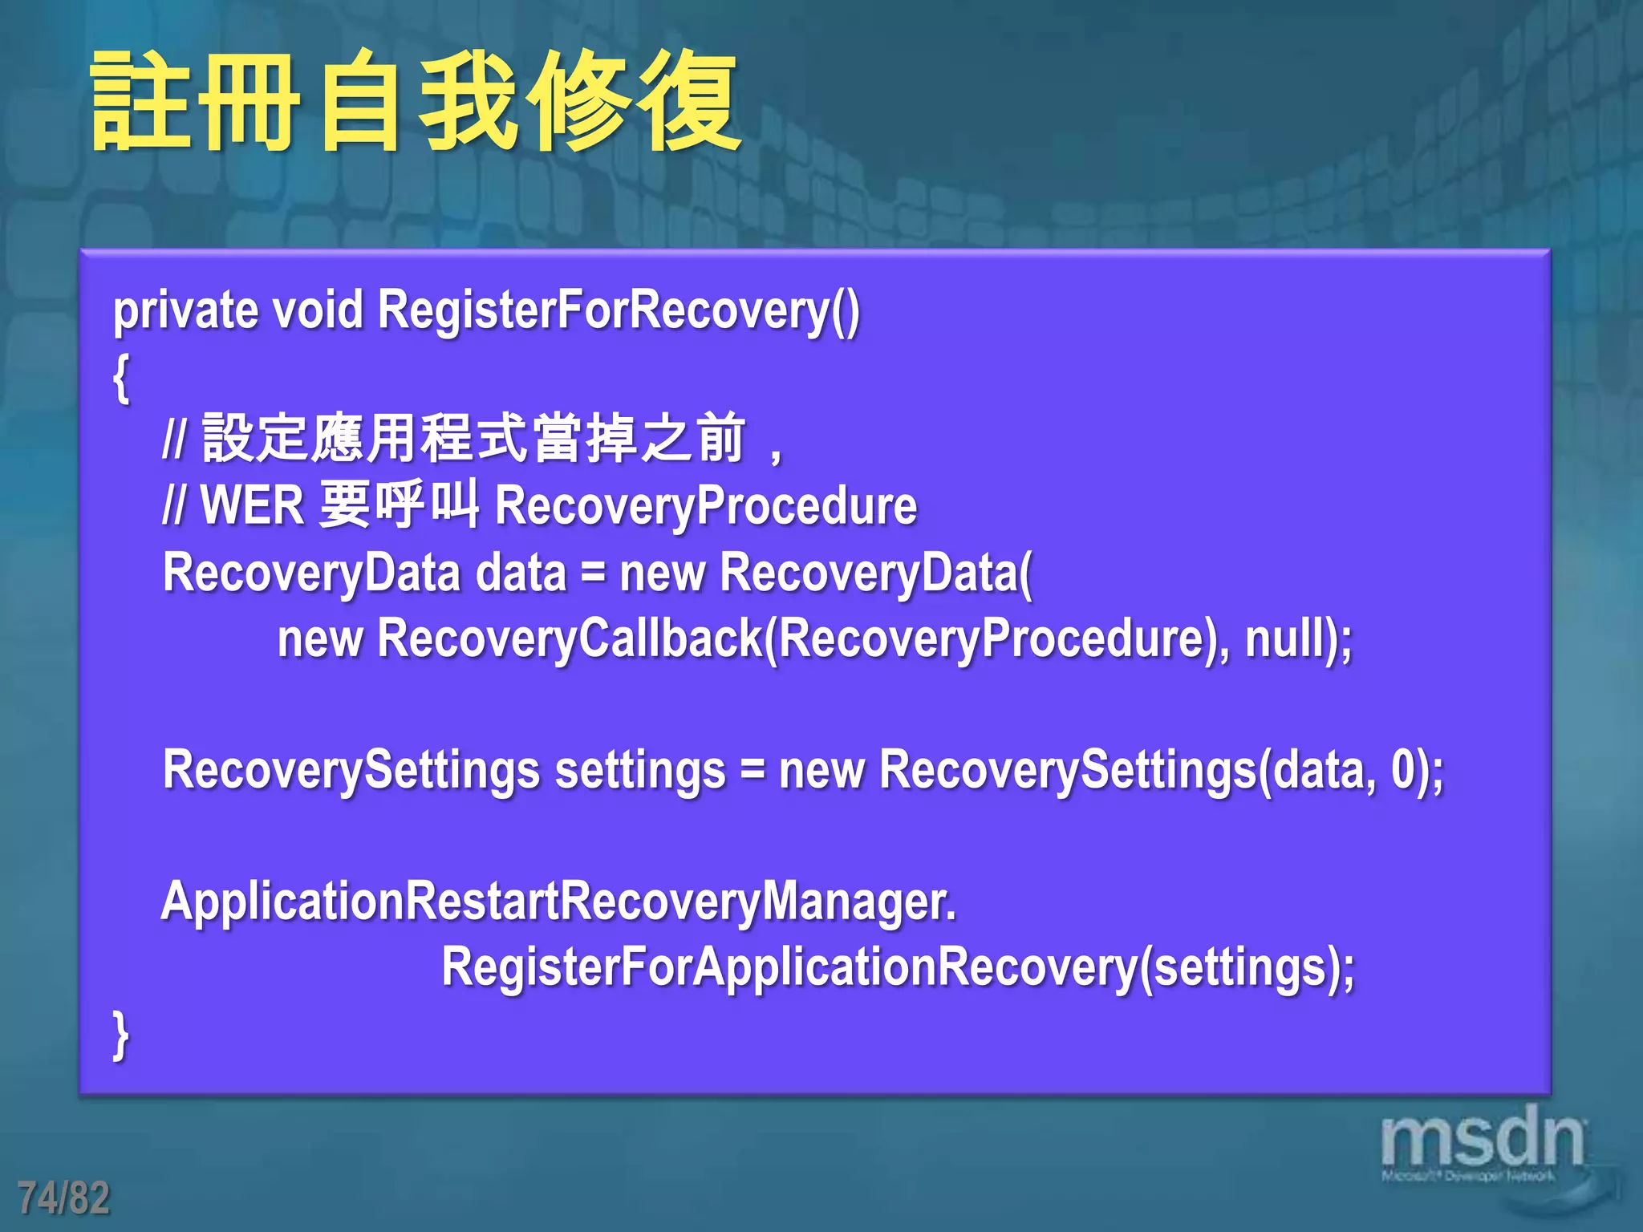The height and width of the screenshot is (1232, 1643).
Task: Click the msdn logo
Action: (1482, 1141)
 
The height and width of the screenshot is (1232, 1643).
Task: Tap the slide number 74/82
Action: (64, 1197)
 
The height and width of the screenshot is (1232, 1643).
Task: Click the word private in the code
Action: (185, 310)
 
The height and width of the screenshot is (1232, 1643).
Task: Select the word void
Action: (318, 310)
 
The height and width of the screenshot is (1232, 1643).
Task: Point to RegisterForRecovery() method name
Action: (618, 310)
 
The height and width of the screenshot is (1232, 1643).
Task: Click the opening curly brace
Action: (121, 378)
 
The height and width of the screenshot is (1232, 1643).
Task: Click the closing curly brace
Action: (121, 1035)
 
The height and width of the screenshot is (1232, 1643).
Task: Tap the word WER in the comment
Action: (252, 506)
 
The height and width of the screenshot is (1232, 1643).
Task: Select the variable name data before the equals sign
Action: (521, 573)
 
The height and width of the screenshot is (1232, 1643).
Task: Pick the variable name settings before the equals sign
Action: (640, 771)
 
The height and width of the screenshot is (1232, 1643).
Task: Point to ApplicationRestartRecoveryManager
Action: (558, 902)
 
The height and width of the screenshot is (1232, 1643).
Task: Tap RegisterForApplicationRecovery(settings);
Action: (898, 968)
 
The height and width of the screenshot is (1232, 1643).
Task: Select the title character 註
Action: (141, 102)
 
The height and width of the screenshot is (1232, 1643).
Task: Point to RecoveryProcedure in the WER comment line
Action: (706, 506)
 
